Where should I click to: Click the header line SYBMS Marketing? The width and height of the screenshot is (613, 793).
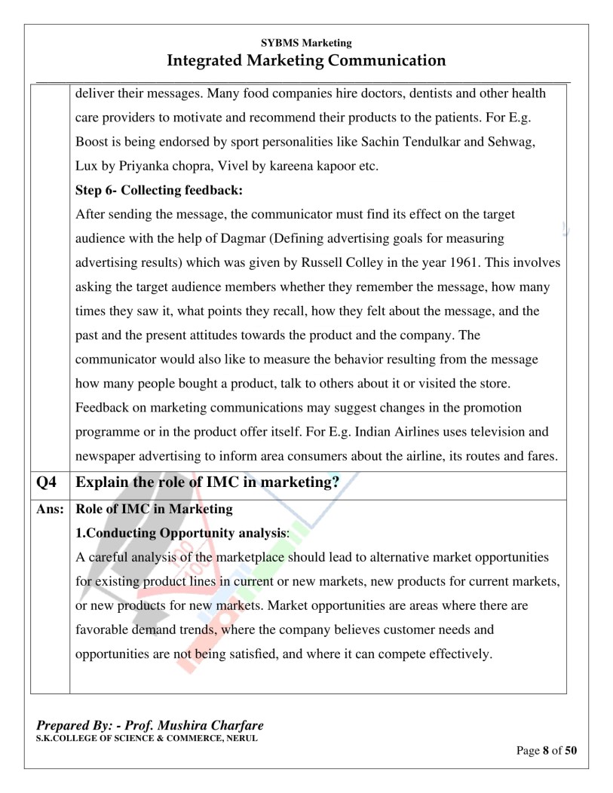(x=306, y=44)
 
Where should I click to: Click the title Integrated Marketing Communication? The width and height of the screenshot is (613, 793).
(x=306, y=60)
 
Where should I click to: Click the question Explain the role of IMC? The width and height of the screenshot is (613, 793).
(x=207, y=483)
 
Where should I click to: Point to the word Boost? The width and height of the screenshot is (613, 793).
(x=93, y=142)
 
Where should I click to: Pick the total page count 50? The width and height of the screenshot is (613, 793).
(x=571, y=751)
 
